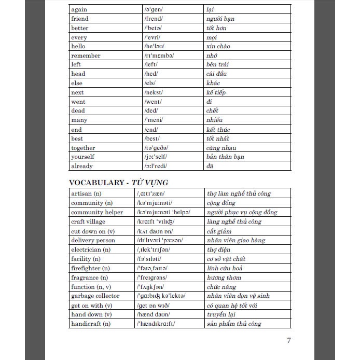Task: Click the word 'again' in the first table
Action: [x=79, y=9]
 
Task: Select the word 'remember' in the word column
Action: [x=86, y=56]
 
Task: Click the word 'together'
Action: [x=83, y=148]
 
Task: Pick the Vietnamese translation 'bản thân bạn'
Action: [x=225, y=157]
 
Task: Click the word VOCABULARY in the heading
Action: [x=99, y=182]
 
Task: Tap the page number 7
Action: [x=289, y=340]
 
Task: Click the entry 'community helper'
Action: [x=97, y=212]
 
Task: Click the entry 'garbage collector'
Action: [x=95, y=296]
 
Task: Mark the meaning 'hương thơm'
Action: [x=224, y=278]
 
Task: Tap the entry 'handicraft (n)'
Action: [x=91, y=324]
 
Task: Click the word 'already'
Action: [x=82, y=166]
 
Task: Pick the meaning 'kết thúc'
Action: [x=218, y=130]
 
